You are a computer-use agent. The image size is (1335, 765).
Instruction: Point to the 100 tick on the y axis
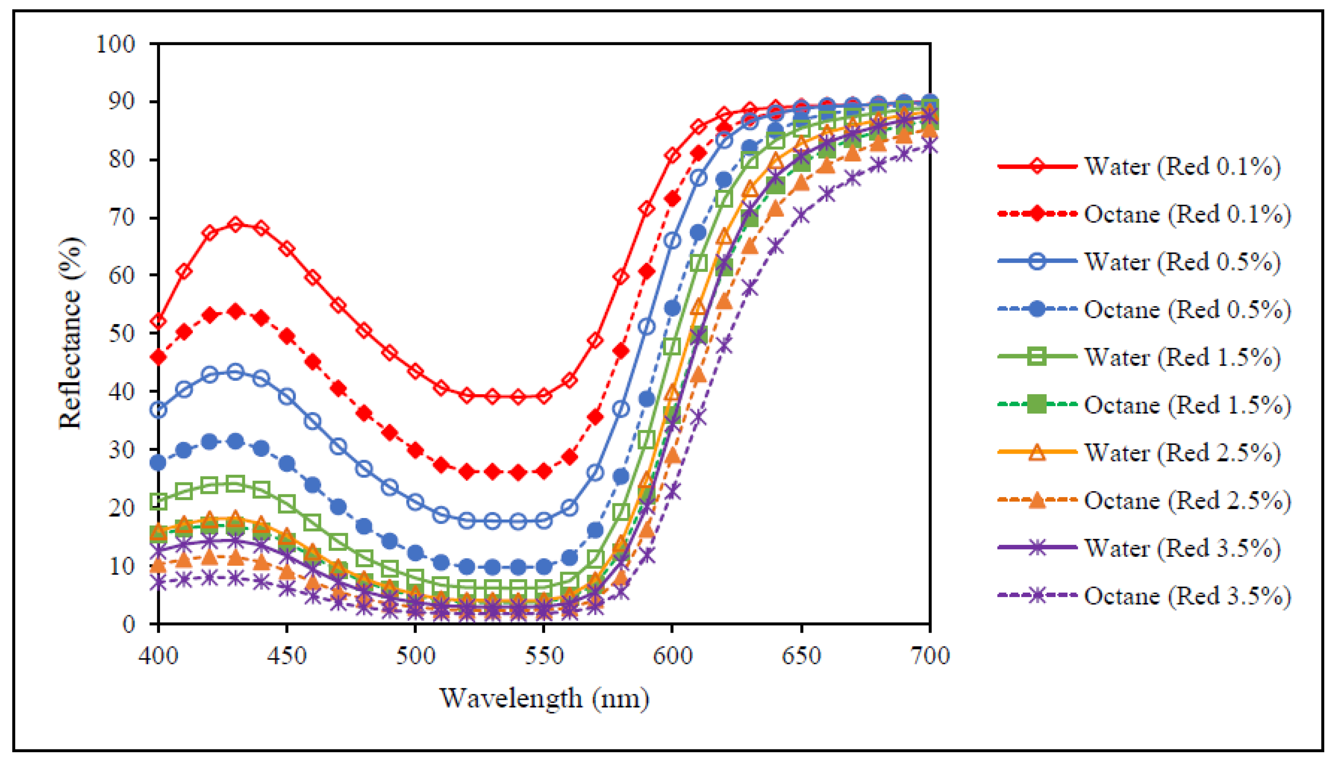(x=116, y=44)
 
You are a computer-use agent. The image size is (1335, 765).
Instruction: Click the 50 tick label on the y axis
(x=122, y=333)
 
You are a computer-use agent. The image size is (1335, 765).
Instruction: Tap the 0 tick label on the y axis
(x=129, y=624)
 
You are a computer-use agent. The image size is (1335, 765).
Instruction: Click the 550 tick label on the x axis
(x=544, y=656)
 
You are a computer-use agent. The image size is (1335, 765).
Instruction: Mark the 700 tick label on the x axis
(x=930, y=656)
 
